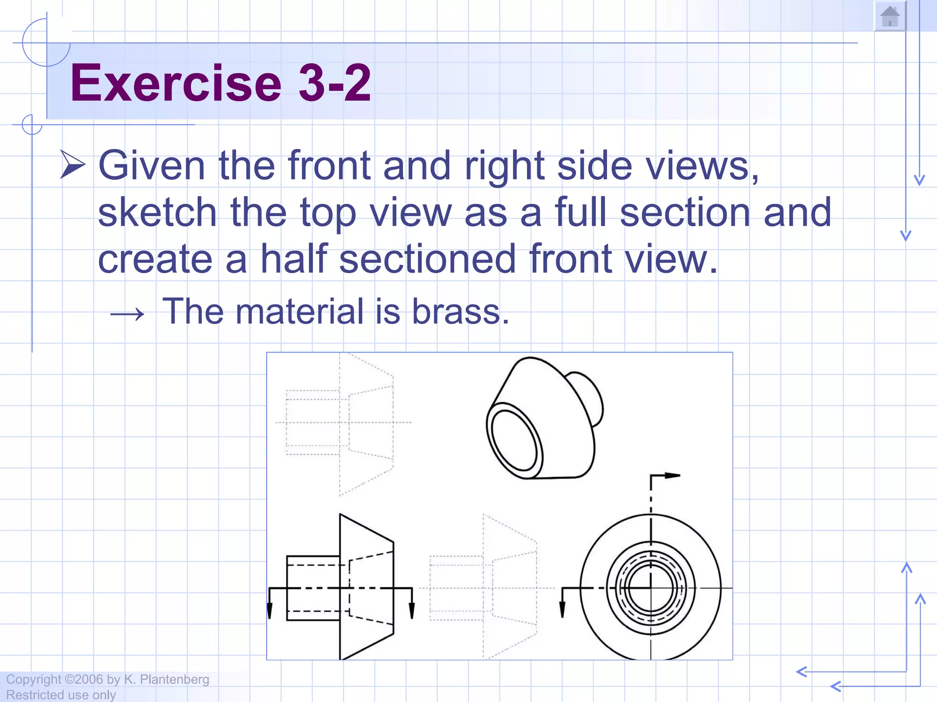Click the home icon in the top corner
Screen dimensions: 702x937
pos(890,17)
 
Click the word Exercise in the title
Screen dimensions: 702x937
pos(176,83)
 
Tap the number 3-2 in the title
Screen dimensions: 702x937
pos(334,83)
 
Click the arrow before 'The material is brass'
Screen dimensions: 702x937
pos(127,314)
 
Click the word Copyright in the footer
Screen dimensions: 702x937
pos(33,679)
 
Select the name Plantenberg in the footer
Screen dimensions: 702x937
pos(174,679)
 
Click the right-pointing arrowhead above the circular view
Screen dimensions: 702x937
pos(672,476)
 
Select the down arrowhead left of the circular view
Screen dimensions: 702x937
pos(562,610)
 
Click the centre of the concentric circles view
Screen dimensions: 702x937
pos(651,588)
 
